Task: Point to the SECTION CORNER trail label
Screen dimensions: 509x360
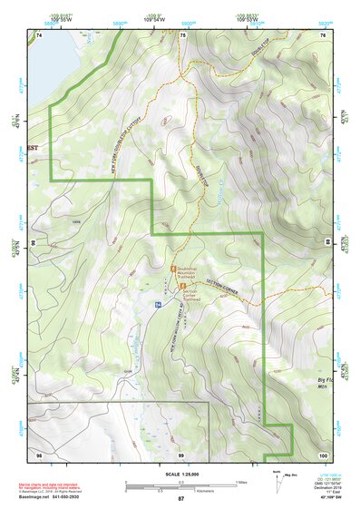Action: point(226,287)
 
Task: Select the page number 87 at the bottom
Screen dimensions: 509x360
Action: point(180,499)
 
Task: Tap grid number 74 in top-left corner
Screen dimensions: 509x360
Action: point(38,34)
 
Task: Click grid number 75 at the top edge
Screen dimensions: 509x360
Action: point(182,34)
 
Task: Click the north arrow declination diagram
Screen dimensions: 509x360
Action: point(277,480)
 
